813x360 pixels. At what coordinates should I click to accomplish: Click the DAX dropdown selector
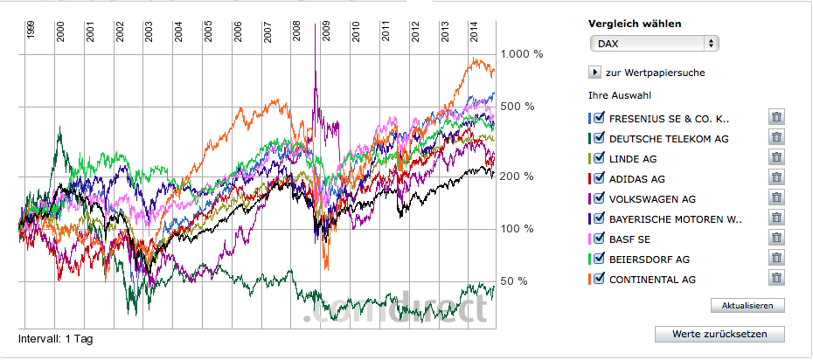[x=654, y=43]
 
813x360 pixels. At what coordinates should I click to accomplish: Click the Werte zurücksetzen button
[x=719, y=335]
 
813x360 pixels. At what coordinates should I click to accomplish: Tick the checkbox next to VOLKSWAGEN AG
[x=600, y=198]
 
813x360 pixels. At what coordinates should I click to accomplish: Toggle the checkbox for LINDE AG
[x=600, y=158]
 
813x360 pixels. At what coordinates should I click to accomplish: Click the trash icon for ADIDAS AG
[x=775, y=178]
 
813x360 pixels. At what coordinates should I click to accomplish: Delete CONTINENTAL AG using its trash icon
[x=775, y=279]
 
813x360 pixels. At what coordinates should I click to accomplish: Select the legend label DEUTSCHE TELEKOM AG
[x=669, y=139]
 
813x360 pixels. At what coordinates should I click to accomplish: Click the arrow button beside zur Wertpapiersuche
[x=595, y=73]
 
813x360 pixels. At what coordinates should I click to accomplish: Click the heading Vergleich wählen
[x=635, y=24]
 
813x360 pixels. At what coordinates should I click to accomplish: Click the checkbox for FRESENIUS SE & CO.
[x=600, y=118]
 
